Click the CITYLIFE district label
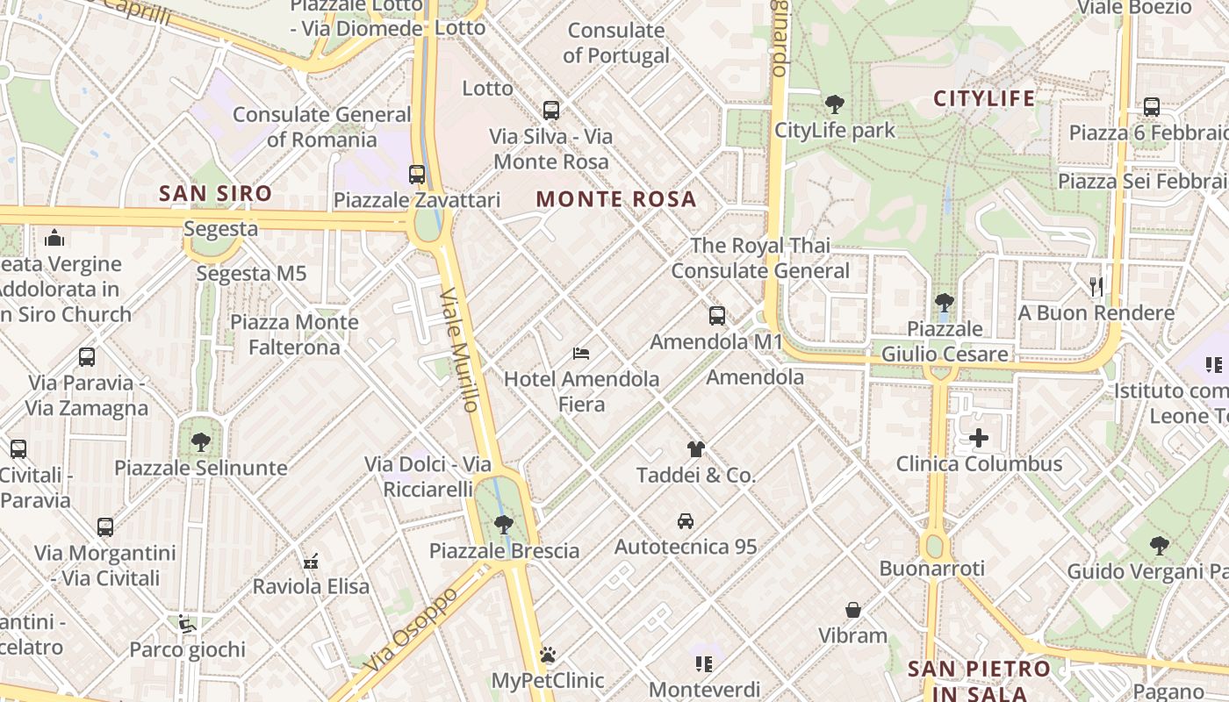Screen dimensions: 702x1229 click(984, 98)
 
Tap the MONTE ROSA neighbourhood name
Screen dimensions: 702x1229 click(616, 199)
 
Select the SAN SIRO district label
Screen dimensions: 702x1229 click(215, 193)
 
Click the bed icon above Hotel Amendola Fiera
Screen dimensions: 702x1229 click(581, 354)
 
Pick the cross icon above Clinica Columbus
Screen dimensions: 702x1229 click(979, 438)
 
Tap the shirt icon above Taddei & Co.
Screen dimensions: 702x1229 click(696, 449)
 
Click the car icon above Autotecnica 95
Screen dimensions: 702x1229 click(686, 521)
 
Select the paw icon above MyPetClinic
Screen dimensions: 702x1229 click(548, 655)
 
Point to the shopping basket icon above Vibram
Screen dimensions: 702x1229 click(852, 610)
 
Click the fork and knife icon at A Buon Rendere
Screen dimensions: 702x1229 click(1096, 287)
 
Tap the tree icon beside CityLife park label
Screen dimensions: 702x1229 click(834, 104)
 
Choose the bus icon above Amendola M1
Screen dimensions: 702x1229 click(717, 316)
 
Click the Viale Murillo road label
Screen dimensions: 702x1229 click(460, 349)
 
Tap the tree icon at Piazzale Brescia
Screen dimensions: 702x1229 click(504, 526)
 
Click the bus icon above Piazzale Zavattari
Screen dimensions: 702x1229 click(417, 175)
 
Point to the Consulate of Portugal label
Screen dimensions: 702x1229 click(616, 43)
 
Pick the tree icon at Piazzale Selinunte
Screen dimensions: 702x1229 click(201, 442)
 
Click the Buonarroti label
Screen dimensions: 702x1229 click(932, 569)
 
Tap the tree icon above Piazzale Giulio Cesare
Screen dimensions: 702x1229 click(945, 304)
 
